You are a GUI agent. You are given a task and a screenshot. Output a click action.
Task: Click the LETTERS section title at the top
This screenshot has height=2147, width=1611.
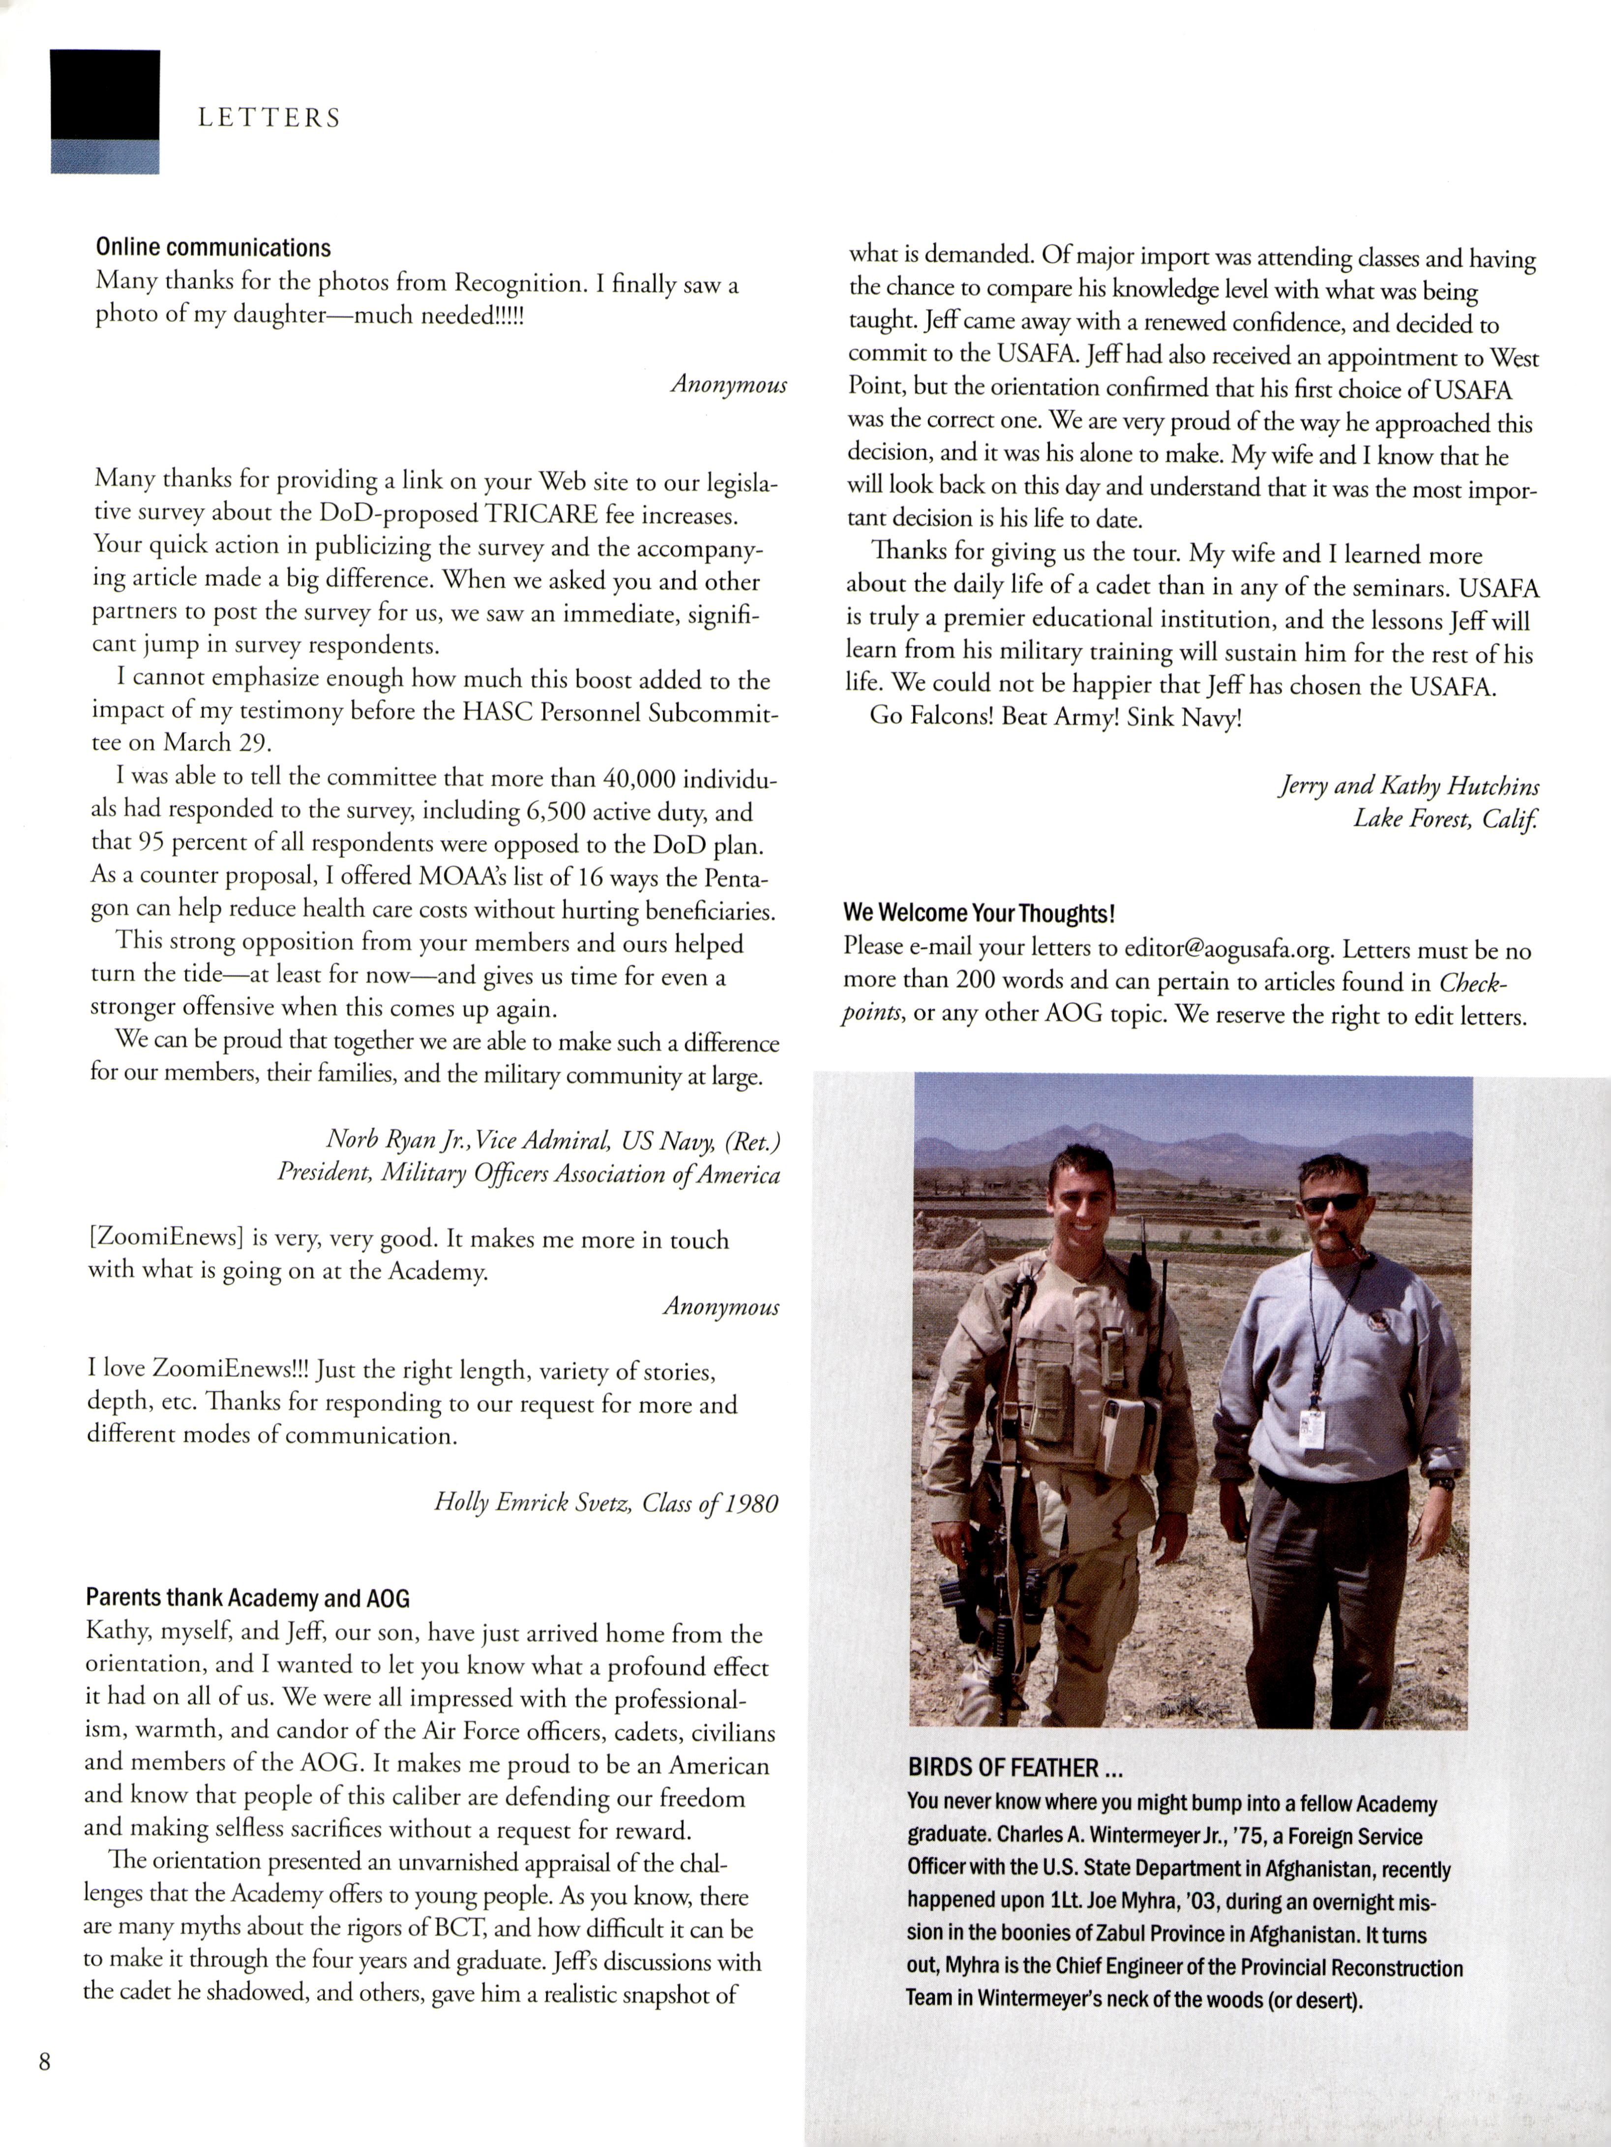tap(269, 119)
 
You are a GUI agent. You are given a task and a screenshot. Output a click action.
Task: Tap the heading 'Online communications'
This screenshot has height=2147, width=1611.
tap(213, 248)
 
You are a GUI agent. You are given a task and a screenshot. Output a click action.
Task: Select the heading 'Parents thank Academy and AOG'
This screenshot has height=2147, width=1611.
tap(247, 1597)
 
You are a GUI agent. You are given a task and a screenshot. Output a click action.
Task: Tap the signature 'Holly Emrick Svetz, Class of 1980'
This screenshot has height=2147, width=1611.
tap(605, 1504)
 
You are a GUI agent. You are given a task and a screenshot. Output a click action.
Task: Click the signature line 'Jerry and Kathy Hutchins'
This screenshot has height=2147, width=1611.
tap(1407, 786)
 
